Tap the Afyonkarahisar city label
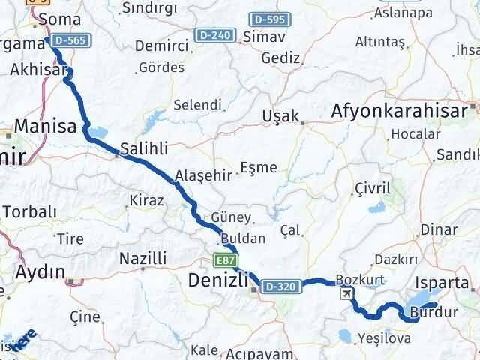click(x=404, y=112)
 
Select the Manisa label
click(x=44, y=126)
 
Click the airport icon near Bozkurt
click(x=345, y=292)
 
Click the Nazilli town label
click(x=142, y=259)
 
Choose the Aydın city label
click(x=40, y=271)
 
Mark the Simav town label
click(x=277, y=36)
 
